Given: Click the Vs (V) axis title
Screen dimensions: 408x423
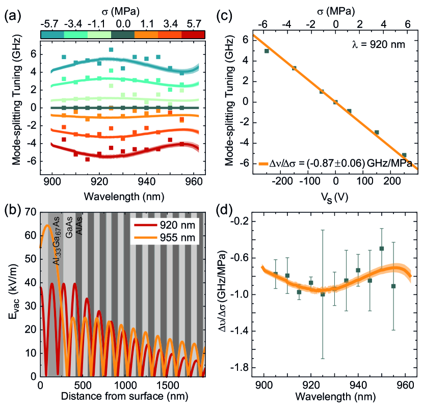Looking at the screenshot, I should [x=335, y=194].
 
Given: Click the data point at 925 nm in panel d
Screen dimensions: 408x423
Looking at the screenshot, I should [x=323, y=294].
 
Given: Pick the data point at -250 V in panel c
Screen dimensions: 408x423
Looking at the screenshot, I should [x=267, y=51].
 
